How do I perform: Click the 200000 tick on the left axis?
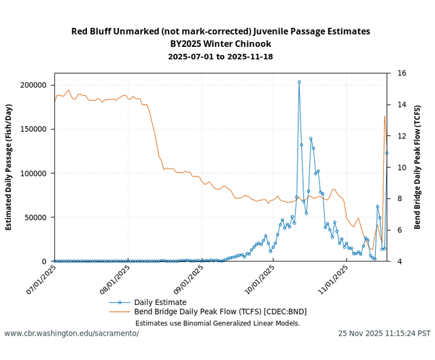click(x=37, y=85)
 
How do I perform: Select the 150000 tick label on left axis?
click(x=37, y=129)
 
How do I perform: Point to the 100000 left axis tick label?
click(x=37, y=173)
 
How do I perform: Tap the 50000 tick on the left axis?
click(x=39, y=217)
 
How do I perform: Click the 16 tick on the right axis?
click(x=402, y=73)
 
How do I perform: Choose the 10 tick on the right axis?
click(x=402, y=167)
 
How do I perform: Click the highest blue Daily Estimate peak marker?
click(x=299, y=82)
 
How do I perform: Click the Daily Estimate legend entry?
click(x=160, y=302)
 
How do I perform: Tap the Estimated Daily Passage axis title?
click(x=9, y=167)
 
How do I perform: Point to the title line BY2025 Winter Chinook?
click(x=220, y=43)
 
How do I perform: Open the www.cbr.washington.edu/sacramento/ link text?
click(x=71, y=334)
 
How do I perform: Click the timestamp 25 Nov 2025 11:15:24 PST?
click(x=384, y=334)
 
